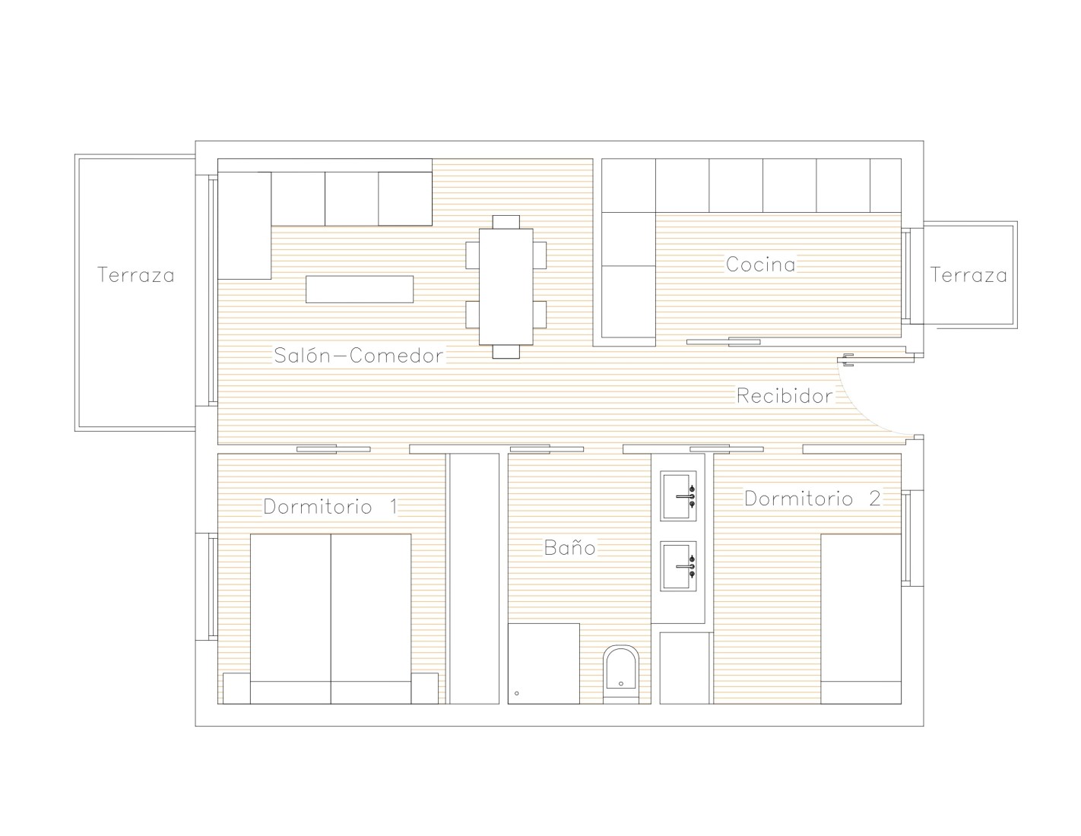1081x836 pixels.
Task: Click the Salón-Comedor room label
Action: point(358,356)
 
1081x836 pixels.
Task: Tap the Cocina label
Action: point(761,264)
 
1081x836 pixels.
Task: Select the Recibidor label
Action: point(785,396)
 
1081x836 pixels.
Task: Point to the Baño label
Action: point(569,547)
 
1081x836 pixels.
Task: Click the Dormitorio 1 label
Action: point(331,507)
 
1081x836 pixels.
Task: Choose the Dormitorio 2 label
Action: point(813,499)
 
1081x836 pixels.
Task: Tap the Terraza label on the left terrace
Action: point(136,275)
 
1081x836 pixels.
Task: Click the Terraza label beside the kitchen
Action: point(968,275)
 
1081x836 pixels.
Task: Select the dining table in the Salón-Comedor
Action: point(506,287)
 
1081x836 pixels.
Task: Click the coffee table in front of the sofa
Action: point(360,289)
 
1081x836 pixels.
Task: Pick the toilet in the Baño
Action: point(621,674)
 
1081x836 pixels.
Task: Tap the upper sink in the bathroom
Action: point(678,496)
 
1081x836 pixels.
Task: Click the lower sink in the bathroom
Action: point(678,566)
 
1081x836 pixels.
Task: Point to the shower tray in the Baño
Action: point(544,663)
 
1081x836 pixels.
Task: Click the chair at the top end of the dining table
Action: point(506,222)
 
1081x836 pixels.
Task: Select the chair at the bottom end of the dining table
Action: point(506,352)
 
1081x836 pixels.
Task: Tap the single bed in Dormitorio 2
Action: point(861,619)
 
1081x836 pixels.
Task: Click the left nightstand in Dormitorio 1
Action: point(236,689)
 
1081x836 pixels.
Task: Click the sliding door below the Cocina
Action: point(723,342)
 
